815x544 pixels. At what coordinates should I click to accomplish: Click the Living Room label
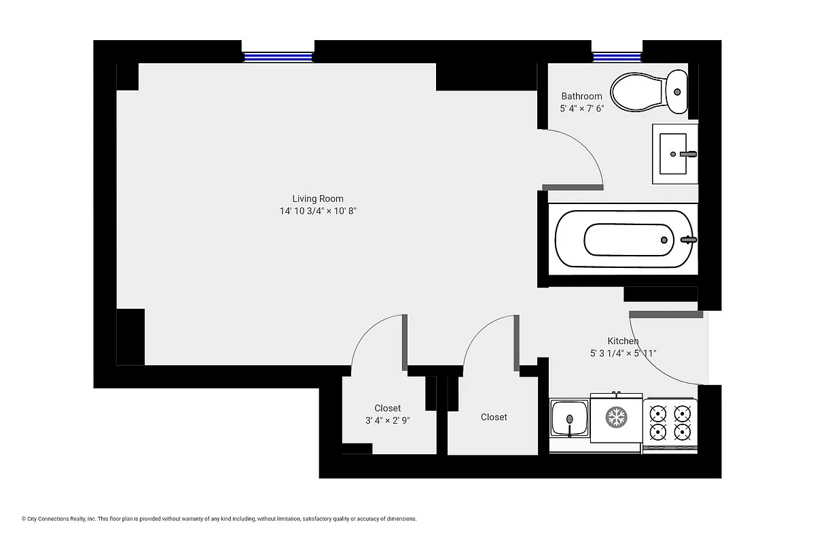tap(318, 199)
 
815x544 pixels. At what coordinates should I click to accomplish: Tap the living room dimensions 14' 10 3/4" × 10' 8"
tap(318, 211)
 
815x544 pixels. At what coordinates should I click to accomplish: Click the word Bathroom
tap(581, 97)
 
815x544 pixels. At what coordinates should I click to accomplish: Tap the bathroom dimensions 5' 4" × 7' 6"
tap(581, 109)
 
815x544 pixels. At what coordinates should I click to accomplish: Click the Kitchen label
tap(623, 341)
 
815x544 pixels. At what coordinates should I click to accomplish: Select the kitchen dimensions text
tap(623, 353)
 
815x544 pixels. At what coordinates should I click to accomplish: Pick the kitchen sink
tap(569, 420)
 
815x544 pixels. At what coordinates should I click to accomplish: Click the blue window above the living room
tap(278, 57)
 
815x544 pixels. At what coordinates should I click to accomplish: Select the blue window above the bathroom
tap(617, 57)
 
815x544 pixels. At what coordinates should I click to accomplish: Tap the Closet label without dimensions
tap(494, 417)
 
